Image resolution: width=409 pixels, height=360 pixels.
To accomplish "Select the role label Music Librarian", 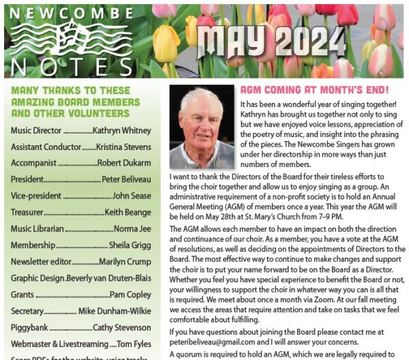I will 38,228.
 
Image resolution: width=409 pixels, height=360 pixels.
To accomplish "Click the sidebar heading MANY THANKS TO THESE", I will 70,90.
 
